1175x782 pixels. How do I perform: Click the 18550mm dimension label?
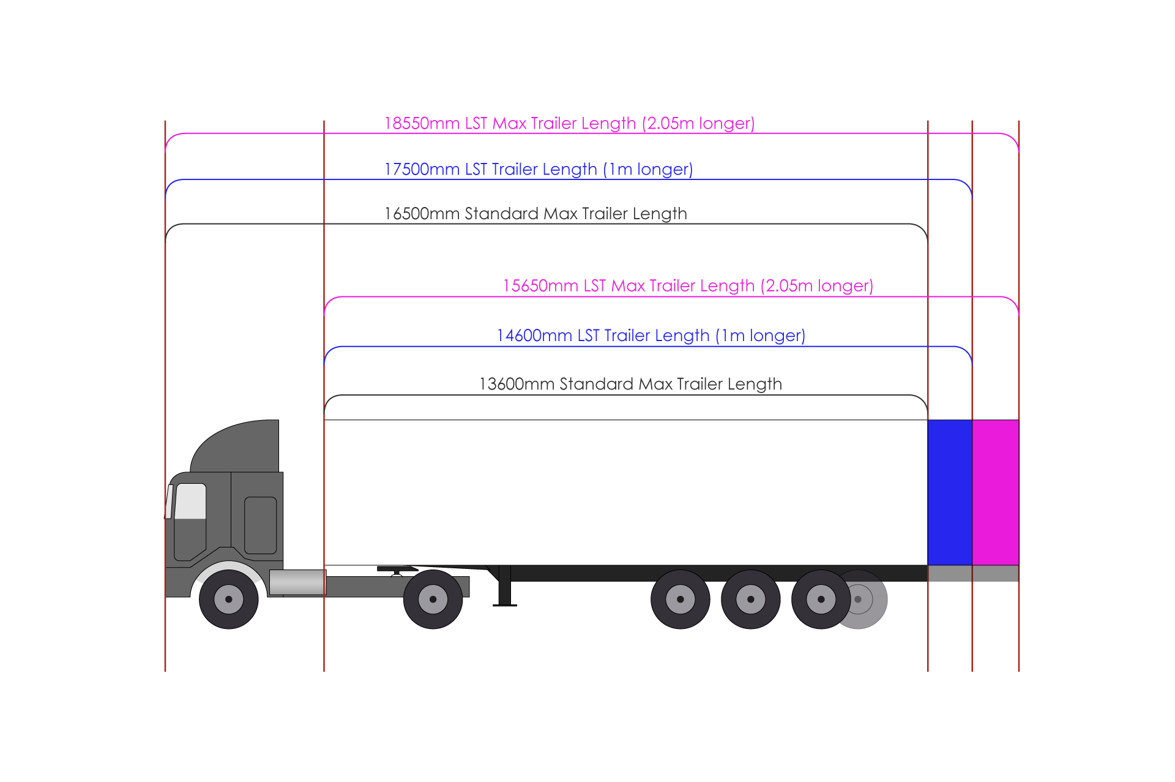click(x=569, y=124)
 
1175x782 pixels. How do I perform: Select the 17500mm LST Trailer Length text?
click(x=539, y=170)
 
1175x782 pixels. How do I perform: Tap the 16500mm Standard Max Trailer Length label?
click(x=535, y=214)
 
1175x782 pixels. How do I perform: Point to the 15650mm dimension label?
click(x=688, y=286)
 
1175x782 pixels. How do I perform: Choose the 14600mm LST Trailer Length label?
click(x=651, y=336)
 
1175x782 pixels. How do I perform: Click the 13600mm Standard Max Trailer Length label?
click(x=630, y=385)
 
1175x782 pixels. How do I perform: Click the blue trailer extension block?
click(x=950, y=492)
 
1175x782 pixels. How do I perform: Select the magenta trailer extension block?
click(x=996, y=492)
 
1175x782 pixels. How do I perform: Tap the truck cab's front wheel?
click(x=229, y=600)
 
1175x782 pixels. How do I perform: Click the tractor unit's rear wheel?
click(x=433, y=600)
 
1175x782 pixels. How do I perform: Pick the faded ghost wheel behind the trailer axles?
click(x=869, y=600)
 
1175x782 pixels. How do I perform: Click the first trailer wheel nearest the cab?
click(x=680, y=600)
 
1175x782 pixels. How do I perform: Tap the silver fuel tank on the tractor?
click(x=297, y=582)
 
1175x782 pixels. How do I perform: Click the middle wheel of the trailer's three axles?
click(x=751, y=600)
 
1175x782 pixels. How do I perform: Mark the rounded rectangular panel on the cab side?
click(x=261, y=525)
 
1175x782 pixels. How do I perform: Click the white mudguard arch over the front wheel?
click(x=228, y=567)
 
